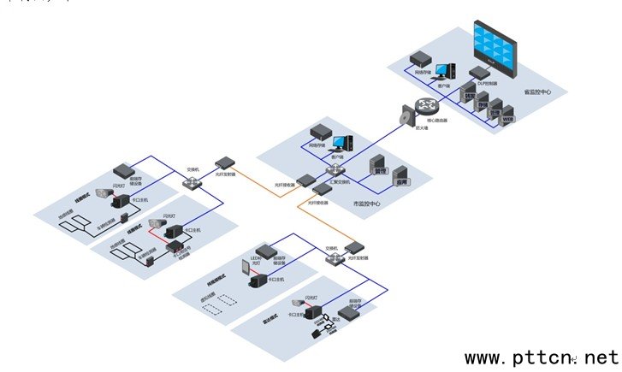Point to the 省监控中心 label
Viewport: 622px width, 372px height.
[x=537, y=91]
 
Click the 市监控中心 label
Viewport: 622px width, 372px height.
[x=367, y=204]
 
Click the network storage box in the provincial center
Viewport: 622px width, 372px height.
[x=420, y=59]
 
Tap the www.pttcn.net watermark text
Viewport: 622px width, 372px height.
[x=540, y=357]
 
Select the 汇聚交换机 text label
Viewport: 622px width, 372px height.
[x=340, y=182]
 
